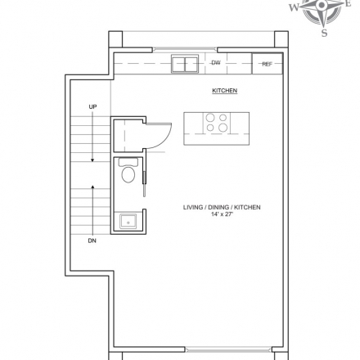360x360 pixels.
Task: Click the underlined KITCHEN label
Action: [x=225, y=91]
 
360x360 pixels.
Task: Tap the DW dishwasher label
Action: [x=216, y=63]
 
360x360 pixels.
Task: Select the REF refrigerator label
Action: [x=267, y=65]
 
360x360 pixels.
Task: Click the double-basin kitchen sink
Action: [x=185, y=64]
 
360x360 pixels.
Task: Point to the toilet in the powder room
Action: [x=128, y=170]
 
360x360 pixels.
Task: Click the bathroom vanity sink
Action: [x=128, y=221]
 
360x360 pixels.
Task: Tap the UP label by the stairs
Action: [x=92, y=107]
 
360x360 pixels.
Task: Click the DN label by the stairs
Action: [x=92, y=241]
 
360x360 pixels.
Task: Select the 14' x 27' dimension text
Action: [x=222, y=214]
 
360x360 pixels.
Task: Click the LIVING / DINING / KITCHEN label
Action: [x=222, y=207]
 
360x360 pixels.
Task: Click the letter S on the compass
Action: [x=324, y=33]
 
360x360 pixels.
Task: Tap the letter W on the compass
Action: [x=294, y=7]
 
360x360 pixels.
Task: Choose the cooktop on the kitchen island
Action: [x=217, y=123]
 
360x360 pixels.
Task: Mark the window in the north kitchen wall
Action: [x=185, y=49]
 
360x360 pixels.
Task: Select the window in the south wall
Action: [x=228, y=349]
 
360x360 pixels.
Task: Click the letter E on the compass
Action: [x=348, y=3]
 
